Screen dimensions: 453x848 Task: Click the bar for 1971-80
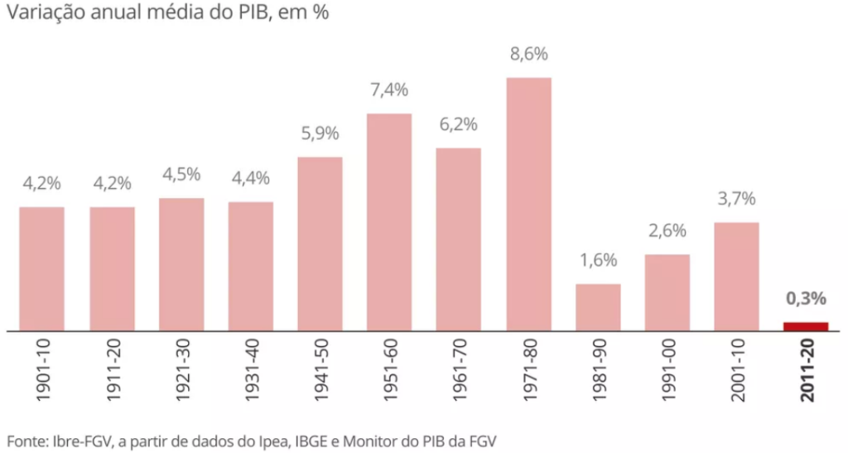(528, 204)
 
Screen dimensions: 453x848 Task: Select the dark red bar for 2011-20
(806, 326)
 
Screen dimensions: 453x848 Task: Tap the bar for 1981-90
(598, 307)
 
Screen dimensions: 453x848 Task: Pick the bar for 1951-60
(389, 222)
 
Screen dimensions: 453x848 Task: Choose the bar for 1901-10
(42, 268)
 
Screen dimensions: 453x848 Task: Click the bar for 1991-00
(667, 292)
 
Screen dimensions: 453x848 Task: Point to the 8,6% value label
(528, 55)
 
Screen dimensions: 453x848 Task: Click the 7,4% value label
(389, 90)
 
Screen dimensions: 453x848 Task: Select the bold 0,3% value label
(806, 298)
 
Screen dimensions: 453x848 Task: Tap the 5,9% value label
(320, 133)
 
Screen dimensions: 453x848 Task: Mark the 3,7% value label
(736, 199)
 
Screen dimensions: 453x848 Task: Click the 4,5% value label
(181, 175)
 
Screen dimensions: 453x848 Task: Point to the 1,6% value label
(598, 261)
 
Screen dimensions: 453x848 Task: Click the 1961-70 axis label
(459, 369)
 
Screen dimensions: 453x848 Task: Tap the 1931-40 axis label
(251, 369)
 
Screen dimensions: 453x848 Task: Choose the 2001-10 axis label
(737, 369)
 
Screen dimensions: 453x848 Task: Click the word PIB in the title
(248, 15)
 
